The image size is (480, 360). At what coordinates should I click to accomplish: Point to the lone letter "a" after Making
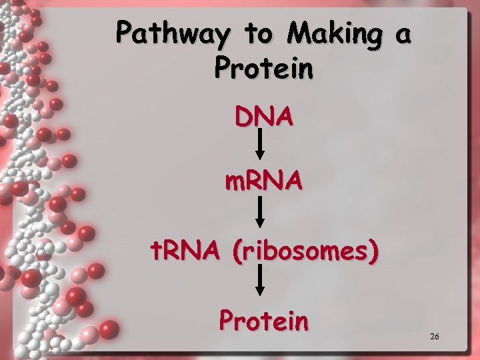point(402,35)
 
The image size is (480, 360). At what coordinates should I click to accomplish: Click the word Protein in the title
point(263,68)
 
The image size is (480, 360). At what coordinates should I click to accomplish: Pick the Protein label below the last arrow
point(264,321)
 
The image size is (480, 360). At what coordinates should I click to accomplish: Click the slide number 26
point(435,337)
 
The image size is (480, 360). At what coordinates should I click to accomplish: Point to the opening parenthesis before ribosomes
point(238,252)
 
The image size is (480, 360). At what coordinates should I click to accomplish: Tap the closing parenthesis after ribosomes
point(376,252)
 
